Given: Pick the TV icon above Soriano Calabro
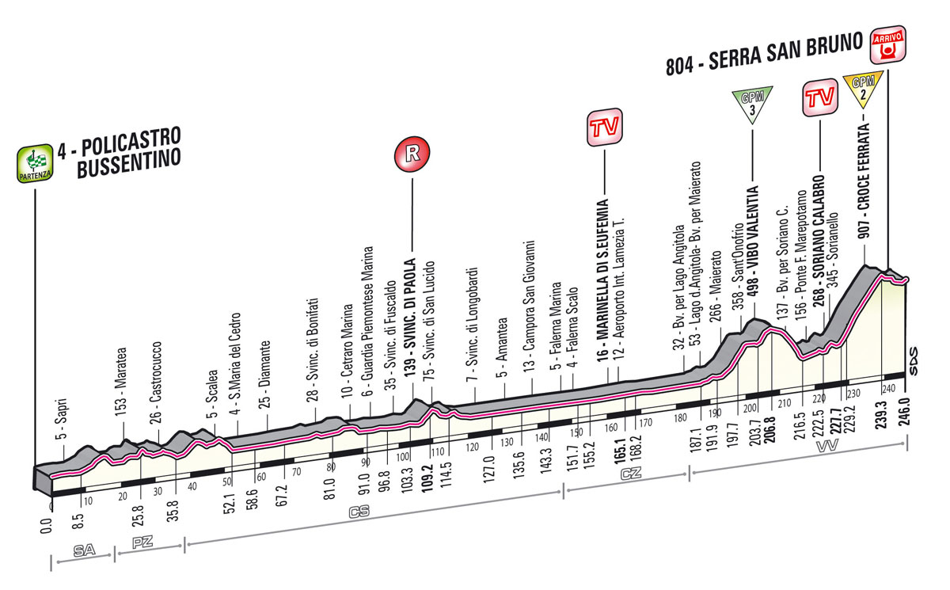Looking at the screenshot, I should click(x=820, y=97).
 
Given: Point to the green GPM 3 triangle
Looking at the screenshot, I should click(x=750, y=105).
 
